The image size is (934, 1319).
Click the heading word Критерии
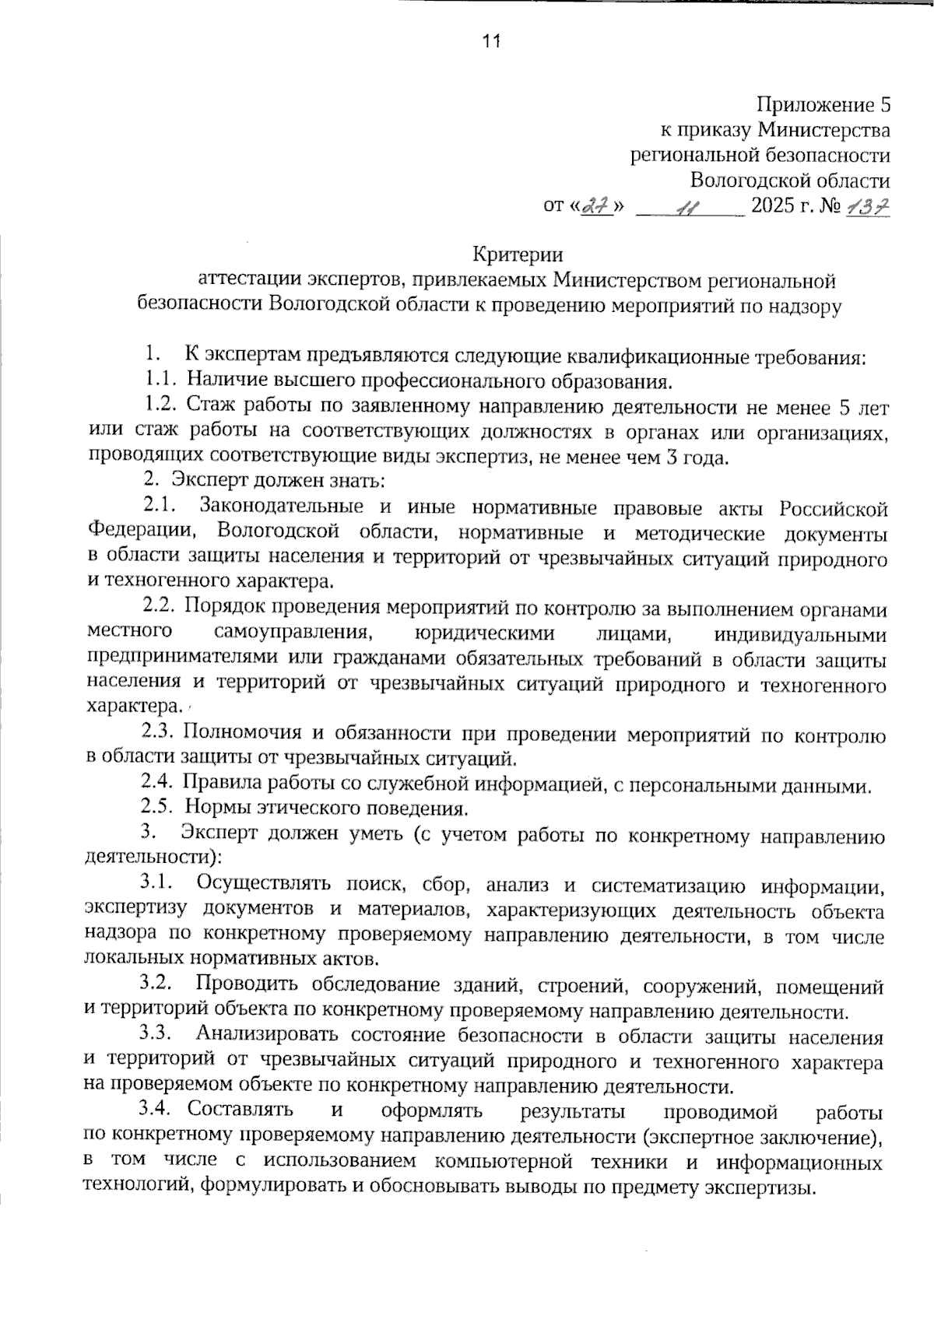coord(518,254)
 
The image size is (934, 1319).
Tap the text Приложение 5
coord(823,104)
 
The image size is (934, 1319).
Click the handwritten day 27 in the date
coord(597,207)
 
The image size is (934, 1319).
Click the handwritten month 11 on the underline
coord(689,208)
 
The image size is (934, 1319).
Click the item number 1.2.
coord(162,406)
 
